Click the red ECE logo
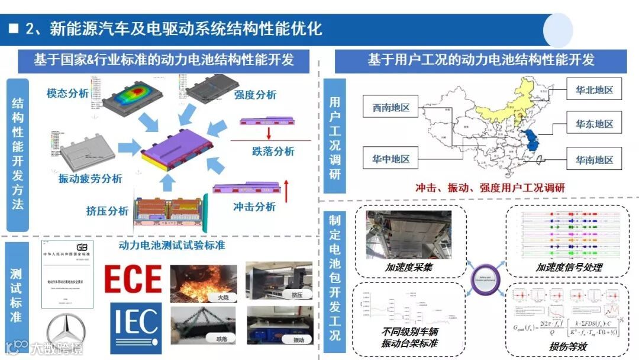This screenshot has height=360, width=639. pos(133,279)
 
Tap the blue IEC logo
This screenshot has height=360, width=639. pos(136,327)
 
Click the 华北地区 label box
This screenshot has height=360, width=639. pos(594,91)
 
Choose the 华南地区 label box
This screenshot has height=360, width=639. pos(594,159)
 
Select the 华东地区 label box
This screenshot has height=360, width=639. pos(594,124)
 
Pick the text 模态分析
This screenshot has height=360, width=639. pos(67,93)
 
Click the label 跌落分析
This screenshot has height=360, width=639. pos(273,152)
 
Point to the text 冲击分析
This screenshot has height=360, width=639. pos(254,207)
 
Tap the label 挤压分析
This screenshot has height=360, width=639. pos(107,211)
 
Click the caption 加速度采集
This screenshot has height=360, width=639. pos(408,268)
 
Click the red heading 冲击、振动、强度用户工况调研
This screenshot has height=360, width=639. pos(489,188)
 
